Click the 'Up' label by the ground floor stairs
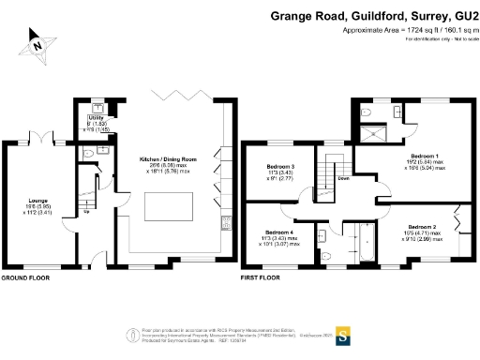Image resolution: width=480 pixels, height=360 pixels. pos(87,211)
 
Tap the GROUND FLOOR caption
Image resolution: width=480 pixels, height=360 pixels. pos(27,278)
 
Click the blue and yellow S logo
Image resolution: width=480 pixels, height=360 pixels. pos(342,332)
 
